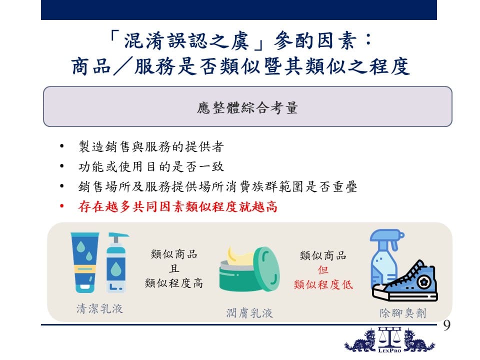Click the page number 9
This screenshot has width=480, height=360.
point(446,325)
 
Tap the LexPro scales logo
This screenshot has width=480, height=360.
point(389,340)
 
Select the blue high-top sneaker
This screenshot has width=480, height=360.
point(405,281)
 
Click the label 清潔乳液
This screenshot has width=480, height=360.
point(100,308)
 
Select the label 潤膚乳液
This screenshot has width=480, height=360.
point(249,313)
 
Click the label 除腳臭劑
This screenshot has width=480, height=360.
point(403,313)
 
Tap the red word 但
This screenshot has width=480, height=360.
point(323,270)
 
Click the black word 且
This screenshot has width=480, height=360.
point(174,268)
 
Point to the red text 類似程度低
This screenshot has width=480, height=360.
point(323,284)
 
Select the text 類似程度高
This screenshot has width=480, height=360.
point(174,283)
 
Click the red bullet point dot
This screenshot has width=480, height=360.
point(62,206)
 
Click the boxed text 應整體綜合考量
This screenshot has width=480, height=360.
point(247,108)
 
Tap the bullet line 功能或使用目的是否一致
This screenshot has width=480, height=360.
point(151,166)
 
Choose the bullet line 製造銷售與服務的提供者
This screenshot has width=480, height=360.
point(151,146)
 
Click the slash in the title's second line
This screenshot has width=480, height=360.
point(123,65)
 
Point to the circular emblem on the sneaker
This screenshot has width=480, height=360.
point(424,281)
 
